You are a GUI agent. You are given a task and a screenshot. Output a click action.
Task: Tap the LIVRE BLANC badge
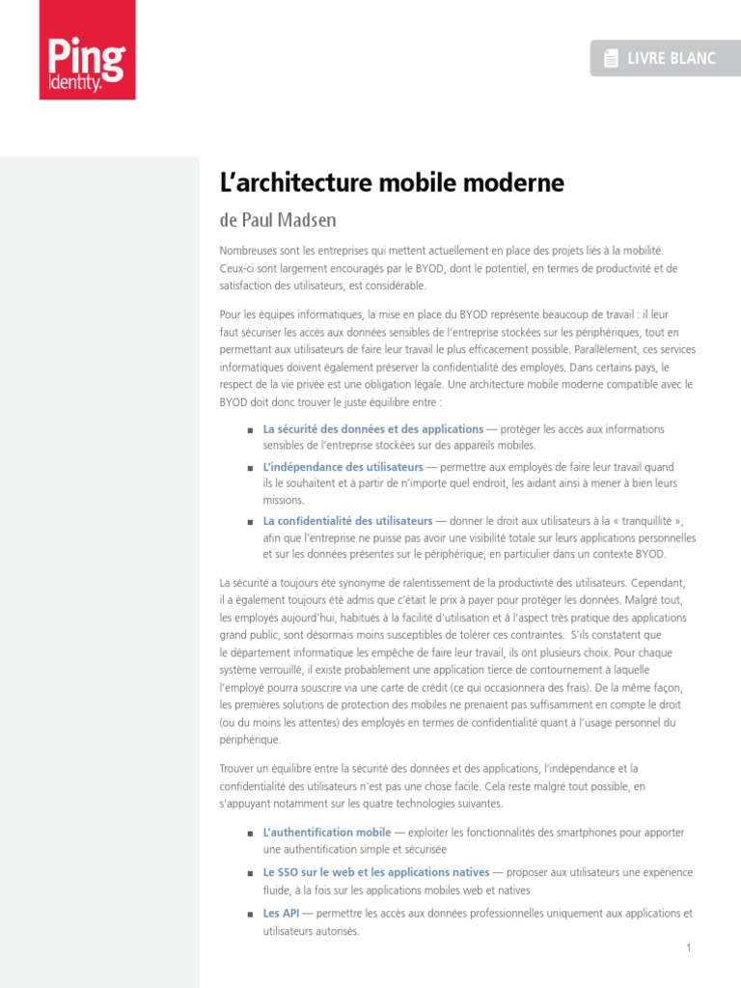(x=660, y=59)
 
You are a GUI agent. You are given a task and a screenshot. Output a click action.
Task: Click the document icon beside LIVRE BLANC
(x=611, y=60)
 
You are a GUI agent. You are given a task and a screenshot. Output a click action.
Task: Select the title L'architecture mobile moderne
(x=392, y=183)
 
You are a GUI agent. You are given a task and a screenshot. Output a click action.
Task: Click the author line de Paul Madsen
(x=278, y=221)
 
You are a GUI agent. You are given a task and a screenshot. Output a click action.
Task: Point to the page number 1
(x=689, y=948)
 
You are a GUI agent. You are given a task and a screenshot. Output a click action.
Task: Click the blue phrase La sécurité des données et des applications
(x=373, y=428)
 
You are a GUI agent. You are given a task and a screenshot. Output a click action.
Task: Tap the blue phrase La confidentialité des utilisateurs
(x=348, y=521)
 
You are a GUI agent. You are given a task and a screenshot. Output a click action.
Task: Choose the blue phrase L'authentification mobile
(x=327, y=832)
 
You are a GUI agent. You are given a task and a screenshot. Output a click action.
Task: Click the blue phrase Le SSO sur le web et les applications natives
(x=376, y=873)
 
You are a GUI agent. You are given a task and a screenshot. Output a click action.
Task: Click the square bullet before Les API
(x=250, y=914)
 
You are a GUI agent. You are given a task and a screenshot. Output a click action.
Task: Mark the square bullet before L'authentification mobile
(x=250, y=833)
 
